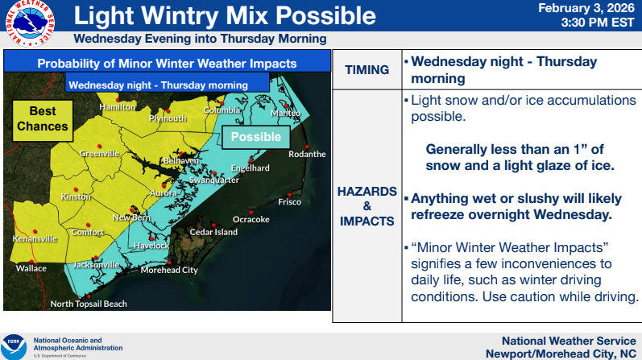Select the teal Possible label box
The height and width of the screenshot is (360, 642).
tap(255, 137)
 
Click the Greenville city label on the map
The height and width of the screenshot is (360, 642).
tap(99, 154)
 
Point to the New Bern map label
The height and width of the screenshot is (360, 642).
tap(130, 217)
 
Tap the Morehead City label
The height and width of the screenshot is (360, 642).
tap(169, 271)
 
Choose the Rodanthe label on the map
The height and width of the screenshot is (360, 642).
tap(307, 154)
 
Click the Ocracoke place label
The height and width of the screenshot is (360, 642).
tap(250, 219)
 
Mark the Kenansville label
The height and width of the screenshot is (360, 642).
tap(35, 239)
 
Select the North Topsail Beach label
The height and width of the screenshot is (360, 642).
tap(89, 304)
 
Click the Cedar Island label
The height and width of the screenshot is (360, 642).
tap(213, 232)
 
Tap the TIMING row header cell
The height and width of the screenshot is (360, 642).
tap(367, 70)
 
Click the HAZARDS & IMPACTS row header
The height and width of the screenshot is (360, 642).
tap(367, 205)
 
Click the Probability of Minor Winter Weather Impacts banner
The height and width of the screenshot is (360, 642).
tap(167, 64)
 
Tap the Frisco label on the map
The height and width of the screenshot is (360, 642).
tap(289, 202)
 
